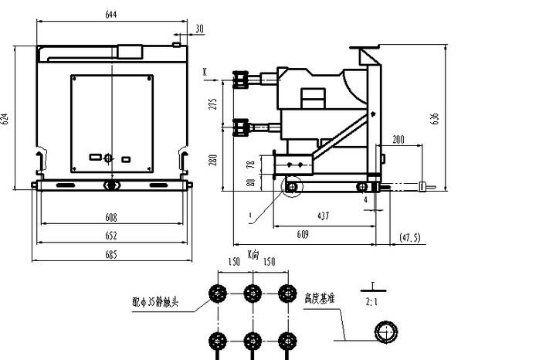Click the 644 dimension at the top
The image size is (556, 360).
click(113, 13)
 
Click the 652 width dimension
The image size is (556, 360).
click(111, 236)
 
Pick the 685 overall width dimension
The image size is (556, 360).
click(111, 255)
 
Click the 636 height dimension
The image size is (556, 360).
click(436, 117)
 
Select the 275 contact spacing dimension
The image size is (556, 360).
click(214, 103)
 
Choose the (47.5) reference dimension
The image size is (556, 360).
click(409, 237)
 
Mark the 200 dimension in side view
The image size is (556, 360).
click(398, 140)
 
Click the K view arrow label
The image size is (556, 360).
click(205, 70)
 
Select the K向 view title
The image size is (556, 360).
click(253, 253)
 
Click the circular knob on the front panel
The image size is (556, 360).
click(108, 158)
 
